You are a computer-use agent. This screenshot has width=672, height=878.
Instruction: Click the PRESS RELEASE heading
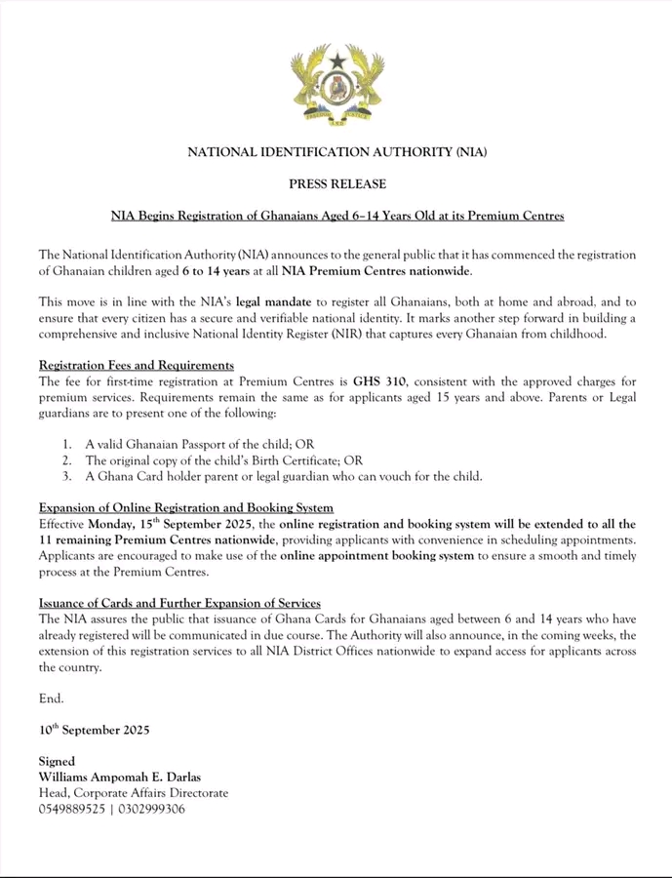click(336, 183)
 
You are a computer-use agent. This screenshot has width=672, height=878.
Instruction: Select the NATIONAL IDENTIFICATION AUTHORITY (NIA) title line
click(336, 152)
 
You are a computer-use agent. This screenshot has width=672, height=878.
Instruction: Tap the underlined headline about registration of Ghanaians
click(336, 215)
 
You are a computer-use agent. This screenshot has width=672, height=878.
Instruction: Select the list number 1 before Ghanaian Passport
click(65, 444)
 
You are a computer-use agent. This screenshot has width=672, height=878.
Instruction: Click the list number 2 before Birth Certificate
click(65, 460)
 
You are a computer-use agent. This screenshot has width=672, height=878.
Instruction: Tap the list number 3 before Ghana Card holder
click(65, 477)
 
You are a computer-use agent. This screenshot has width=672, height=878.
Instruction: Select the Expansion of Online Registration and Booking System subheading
click(186, 508)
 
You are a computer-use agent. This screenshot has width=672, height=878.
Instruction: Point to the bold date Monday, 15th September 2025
click(178, 525)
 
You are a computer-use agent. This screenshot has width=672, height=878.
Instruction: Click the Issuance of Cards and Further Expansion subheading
click(179, 604)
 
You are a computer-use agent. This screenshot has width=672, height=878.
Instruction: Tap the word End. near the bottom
click(52, 698)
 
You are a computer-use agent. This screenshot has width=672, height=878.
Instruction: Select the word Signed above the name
click(58, 761)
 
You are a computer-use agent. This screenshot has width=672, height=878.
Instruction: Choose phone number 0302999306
click(151, 809)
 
